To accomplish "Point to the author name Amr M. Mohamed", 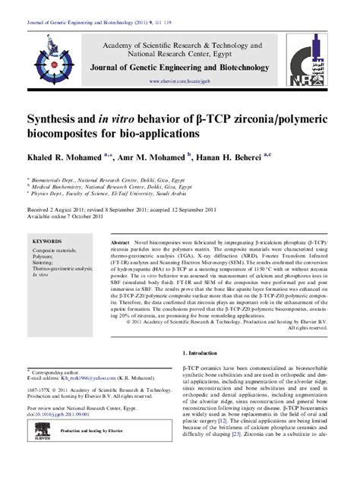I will (x=152, y=154).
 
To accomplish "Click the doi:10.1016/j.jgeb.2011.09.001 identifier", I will (x=69, y=436).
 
